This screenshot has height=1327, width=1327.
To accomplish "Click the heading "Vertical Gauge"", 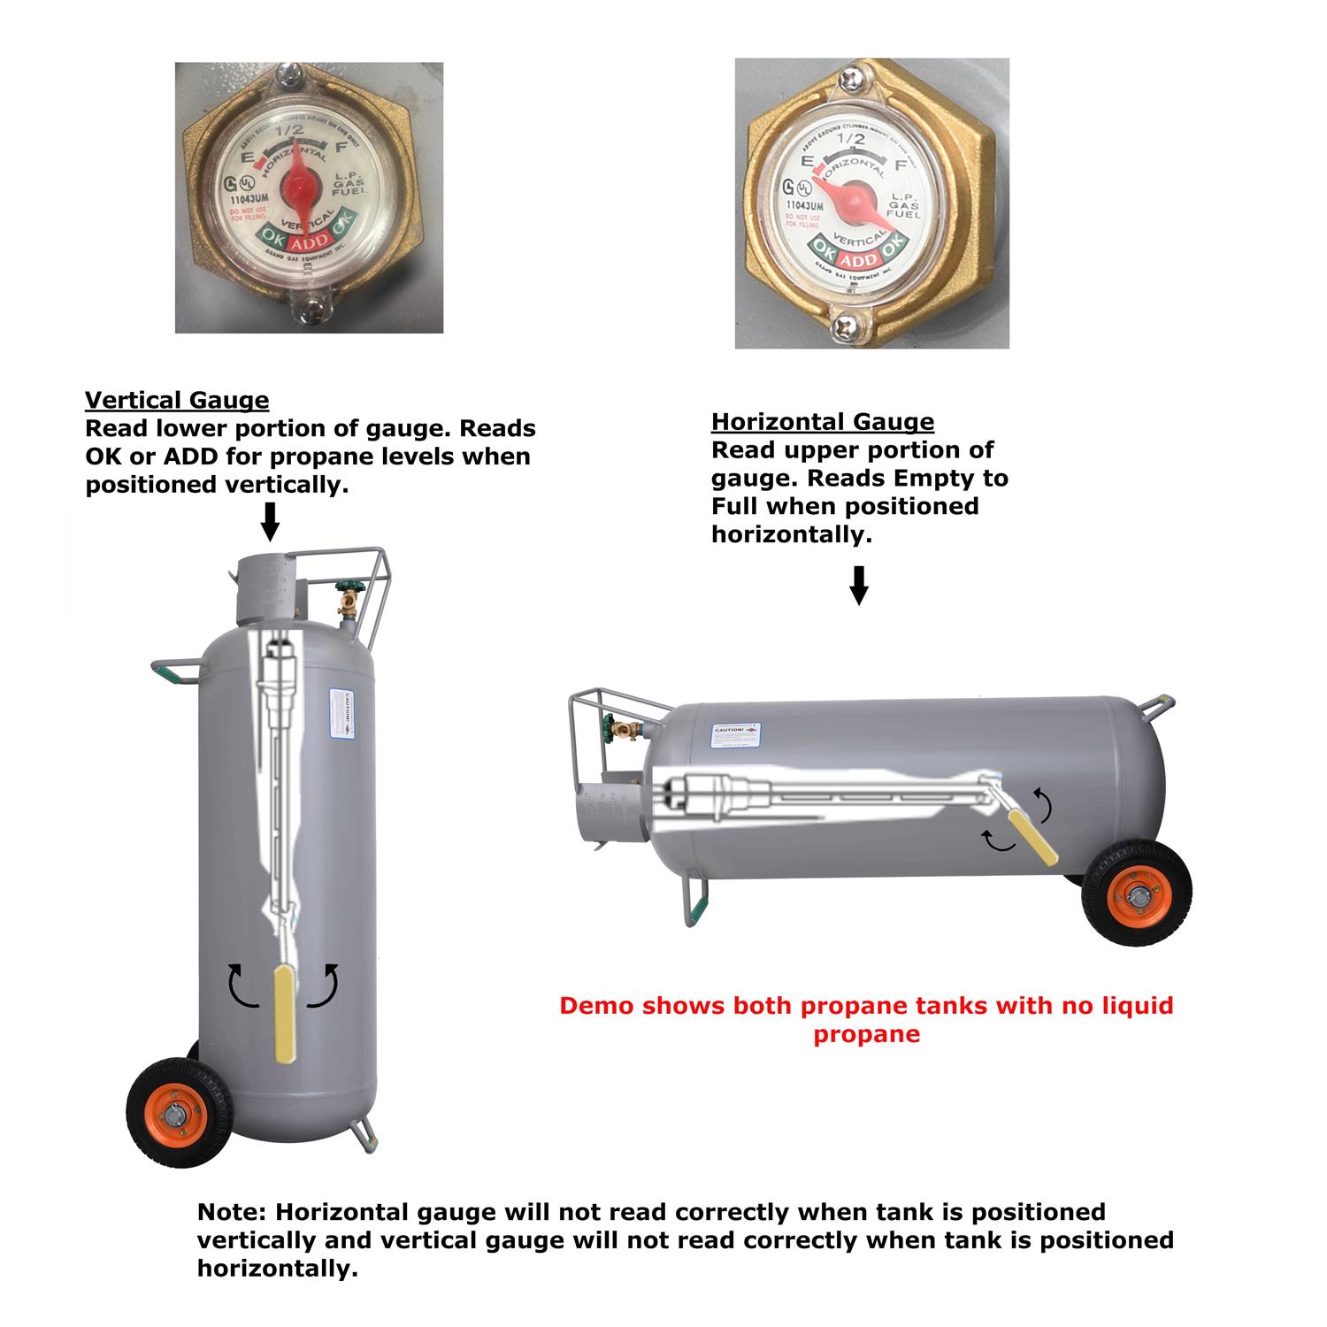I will (177, 401).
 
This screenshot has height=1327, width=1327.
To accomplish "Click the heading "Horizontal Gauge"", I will (822, 422).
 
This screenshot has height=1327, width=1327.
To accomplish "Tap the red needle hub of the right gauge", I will (855, 197).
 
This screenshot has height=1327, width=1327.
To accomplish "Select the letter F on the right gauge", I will (901, 165).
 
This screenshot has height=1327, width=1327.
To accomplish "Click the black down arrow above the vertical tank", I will (271, 521).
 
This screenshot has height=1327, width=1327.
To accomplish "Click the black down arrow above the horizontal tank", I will (858, 585).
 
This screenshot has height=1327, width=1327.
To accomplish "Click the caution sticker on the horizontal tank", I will (736, 735).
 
